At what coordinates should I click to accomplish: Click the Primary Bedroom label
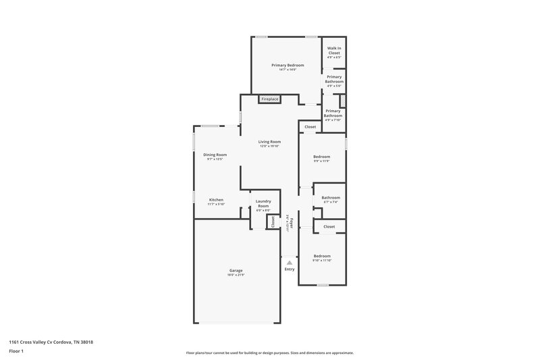[x=288, y=65]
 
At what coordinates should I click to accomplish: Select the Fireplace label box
[x=270, y=99]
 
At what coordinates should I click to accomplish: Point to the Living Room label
[x=269, y=142]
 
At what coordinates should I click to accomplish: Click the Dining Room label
[x=215, y=155]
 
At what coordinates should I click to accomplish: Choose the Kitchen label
[x=216, y=199]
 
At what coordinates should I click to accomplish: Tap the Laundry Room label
[x=263, y=204]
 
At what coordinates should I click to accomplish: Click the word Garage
[x=236, y=270]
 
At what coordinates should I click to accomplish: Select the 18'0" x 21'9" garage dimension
[x=236, y=275]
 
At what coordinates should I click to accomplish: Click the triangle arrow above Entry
[x=289, y=262]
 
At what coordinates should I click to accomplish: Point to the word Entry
[x=289, y=269]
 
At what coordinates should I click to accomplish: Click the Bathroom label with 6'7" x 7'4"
[x=331, y=197]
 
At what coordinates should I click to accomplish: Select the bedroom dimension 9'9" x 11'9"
[x=321, y=161]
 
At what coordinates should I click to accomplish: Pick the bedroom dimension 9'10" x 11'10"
[x=322, y=260]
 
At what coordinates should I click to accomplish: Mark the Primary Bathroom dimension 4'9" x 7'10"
[x=333, y=120]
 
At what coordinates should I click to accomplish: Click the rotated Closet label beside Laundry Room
[x=273, y=222]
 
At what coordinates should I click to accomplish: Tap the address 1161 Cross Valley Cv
[x=51, y=342]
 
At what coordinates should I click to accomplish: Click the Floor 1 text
[x=16, y=352]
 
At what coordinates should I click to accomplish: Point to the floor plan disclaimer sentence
[x=269, y=353]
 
